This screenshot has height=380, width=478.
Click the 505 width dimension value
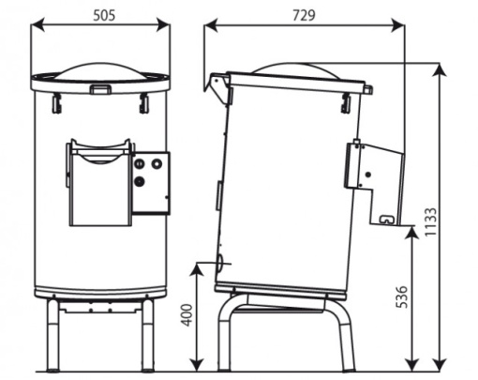click(104, 15)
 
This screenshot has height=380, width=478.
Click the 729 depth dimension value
click(304, 15)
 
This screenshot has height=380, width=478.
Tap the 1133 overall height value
click(431, 221)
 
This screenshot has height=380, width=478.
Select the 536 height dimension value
click(402, 296)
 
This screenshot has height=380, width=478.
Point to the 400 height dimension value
click(187, 315)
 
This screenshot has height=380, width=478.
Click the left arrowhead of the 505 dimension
click(38, 24)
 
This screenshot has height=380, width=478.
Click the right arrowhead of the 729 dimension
click(397, 24)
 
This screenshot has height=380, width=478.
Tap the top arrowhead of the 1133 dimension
click(440, 69)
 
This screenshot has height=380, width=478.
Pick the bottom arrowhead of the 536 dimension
click(412, 365)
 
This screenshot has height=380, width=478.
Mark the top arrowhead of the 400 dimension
click(197, 270)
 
